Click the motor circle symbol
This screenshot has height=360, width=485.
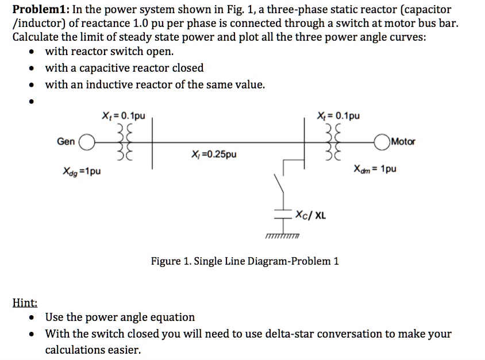384,142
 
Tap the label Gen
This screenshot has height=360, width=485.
66,142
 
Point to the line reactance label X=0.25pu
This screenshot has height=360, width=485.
212,154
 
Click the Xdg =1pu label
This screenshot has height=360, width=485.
80,171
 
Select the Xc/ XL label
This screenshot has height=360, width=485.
311,215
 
